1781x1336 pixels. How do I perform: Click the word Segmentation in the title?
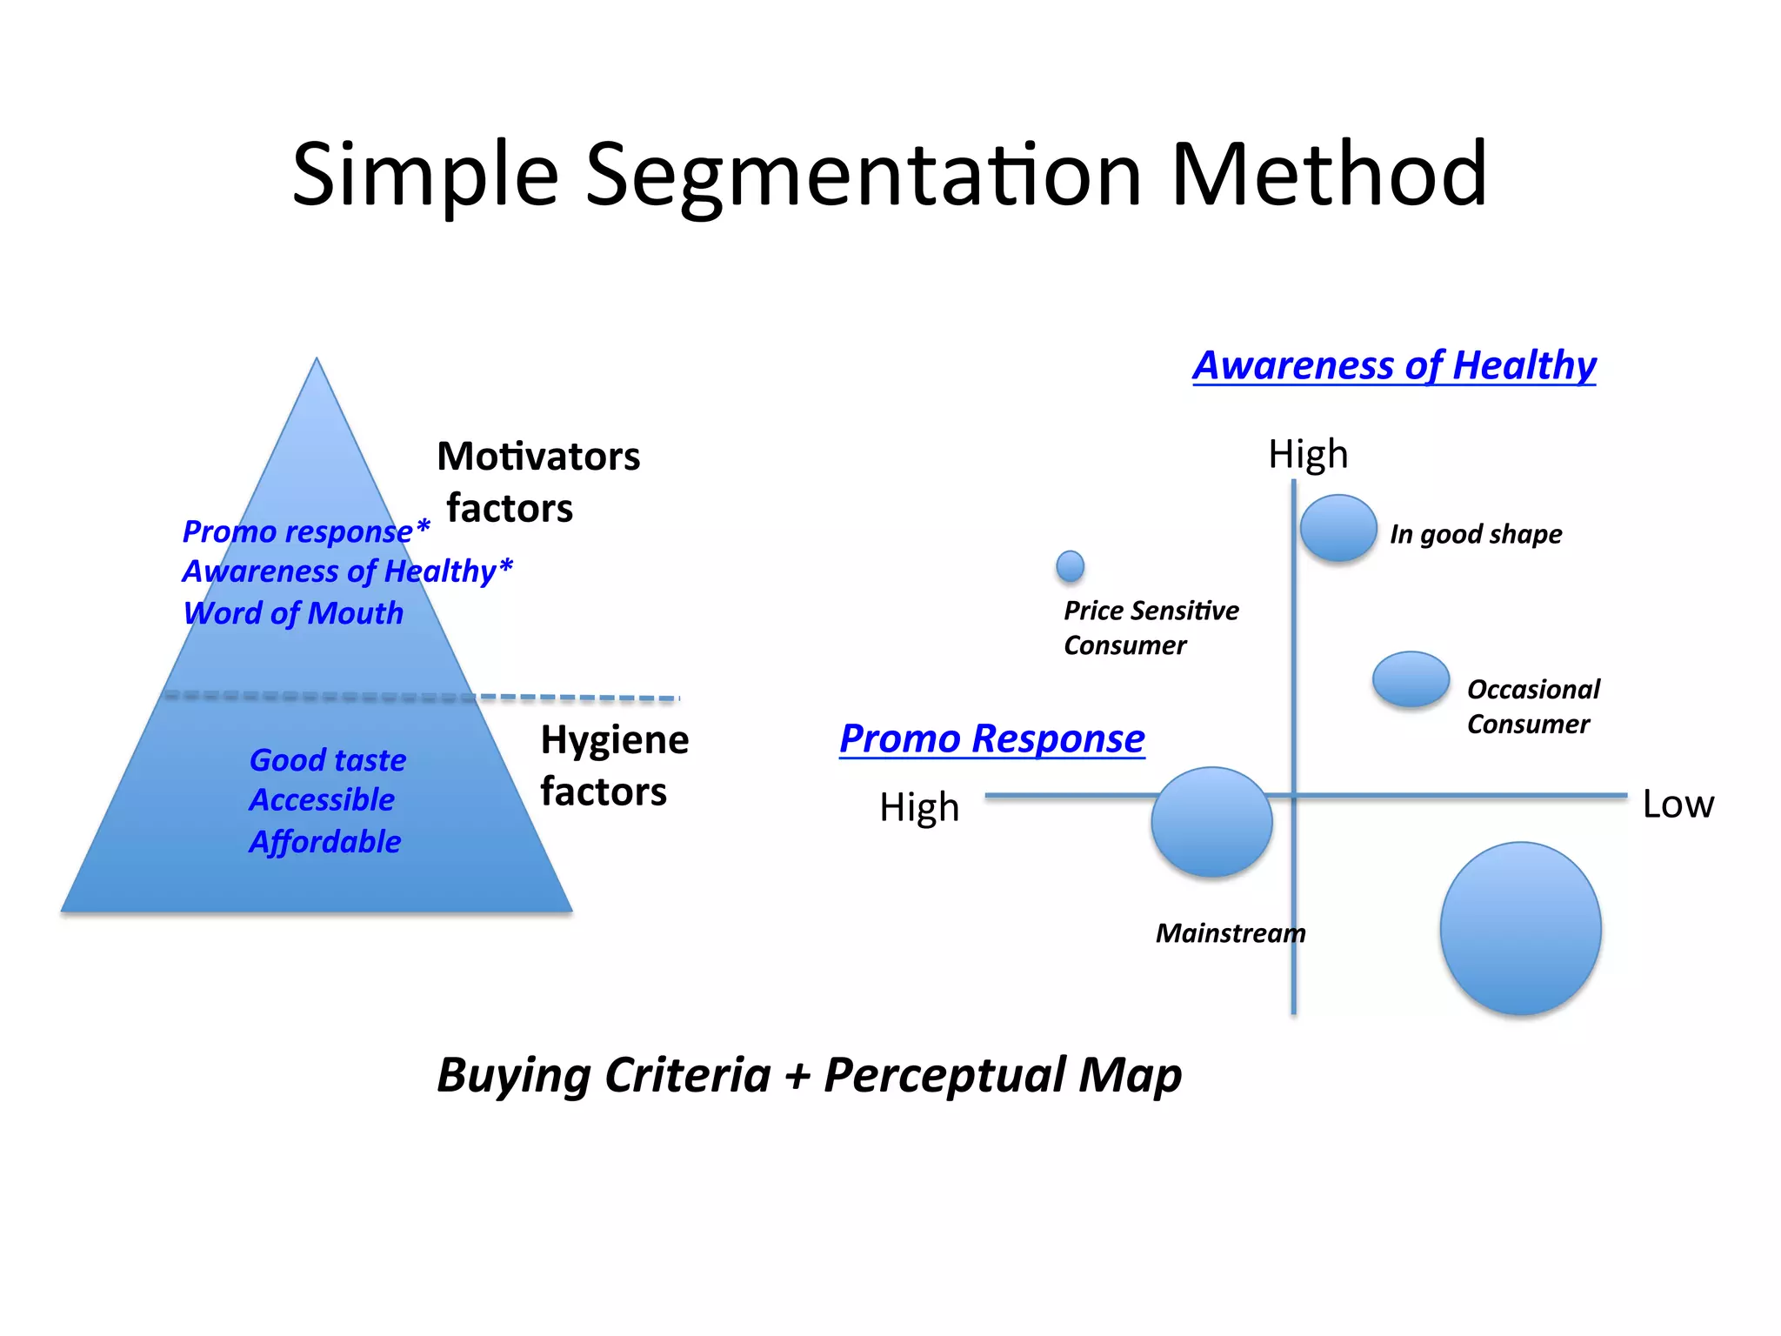[863, 177]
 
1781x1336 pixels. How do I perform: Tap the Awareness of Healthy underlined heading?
[1394, 365]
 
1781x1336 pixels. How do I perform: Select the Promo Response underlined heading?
[991, 739]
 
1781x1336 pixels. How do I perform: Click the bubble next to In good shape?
[1338, 528]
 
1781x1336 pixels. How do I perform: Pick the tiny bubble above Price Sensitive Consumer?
[1070, 566]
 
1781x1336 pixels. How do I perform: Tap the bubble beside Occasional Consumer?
[1411, 679]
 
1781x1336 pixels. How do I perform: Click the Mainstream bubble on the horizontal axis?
[1211, 822]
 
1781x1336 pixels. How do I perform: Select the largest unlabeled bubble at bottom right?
[1520, 928]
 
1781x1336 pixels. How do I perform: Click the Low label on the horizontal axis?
[1678, 805]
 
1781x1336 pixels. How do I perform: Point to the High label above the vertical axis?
[1308, 455]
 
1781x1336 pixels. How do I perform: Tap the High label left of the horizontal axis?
[919, 808]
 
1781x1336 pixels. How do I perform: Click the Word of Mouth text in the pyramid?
[294, 614]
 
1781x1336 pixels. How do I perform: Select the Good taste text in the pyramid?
[328, 761]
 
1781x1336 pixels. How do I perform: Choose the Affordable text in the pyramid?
[325, 842]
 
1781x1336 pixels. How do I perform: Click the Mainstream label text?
[1230, 934]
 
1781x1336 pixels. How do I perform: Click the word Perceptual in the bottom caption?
[944, 1076]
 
